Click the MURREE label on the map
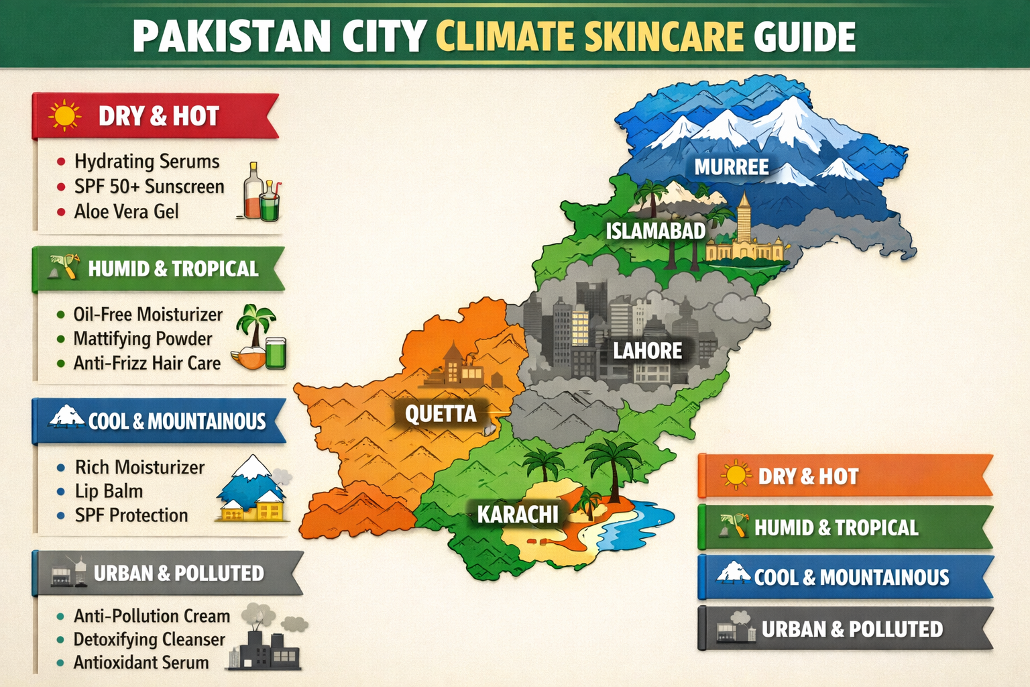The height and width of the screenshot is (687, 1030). (731, 167)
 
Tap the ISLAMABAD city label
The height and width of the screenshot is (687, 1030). (655, 231)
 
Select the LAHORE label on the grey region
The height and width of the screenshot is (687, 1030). (647, 351)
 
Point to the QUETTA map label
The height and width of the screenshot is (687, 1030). (441, 414)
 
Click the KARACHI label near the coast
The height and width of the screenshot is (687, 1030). (517, 515)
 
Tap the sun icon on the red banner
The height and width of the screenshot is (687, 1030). (64, 115)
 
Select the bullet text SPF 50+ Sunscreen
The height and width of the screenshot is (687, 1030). (149, 187)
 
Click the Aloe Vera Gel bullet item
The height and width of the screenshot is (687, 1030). (126, 212)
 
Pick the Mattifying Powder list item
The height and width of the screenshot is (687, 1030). (142, 339)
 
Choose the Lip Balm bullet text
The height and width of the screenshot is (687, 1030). (109, 491)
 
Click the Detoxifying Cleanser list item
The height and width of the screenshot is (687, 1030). (149, 639)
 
